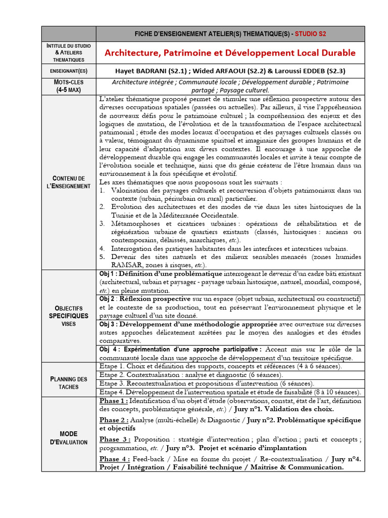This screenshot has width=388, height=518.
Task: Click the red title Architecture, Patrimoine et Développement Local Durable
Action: tap(230, 53)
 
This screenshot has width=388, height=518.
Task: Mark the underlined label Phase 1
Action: tap(113, 401)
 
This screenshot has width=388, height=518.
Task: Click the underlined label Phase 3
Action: tap(114, 439)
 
